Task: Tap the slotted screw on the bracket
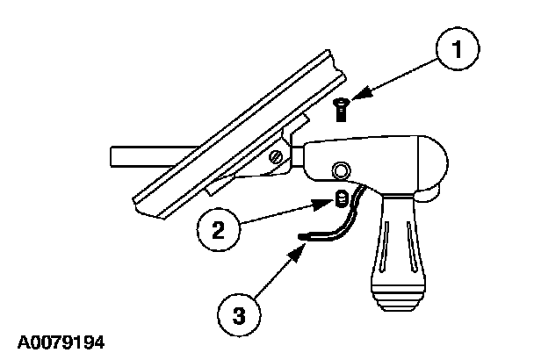point(277,156)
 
